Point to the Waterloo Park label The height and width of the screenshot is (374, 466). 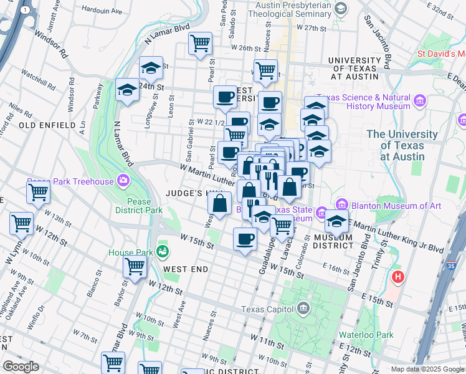click(366, 335)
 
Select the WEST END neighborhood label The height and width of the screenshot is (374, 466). click(182, 269)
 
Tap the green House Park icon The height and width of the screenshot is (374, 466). click(163, 252)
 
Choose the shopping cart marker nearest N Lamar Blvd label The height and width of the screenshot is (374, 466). click(200, 44)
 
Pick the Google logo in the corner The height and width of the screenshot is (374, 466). click(20, 366)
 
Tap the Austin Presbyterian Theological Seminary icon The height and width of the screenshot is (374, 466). click(341, 8)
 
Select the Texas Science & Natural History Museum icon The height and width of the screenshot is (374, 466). click(420, 100)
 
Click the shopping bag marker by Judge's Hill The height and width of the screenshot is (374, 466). click(220, 203)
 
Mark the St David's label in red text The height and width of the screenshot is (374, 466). click(440, 54)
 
